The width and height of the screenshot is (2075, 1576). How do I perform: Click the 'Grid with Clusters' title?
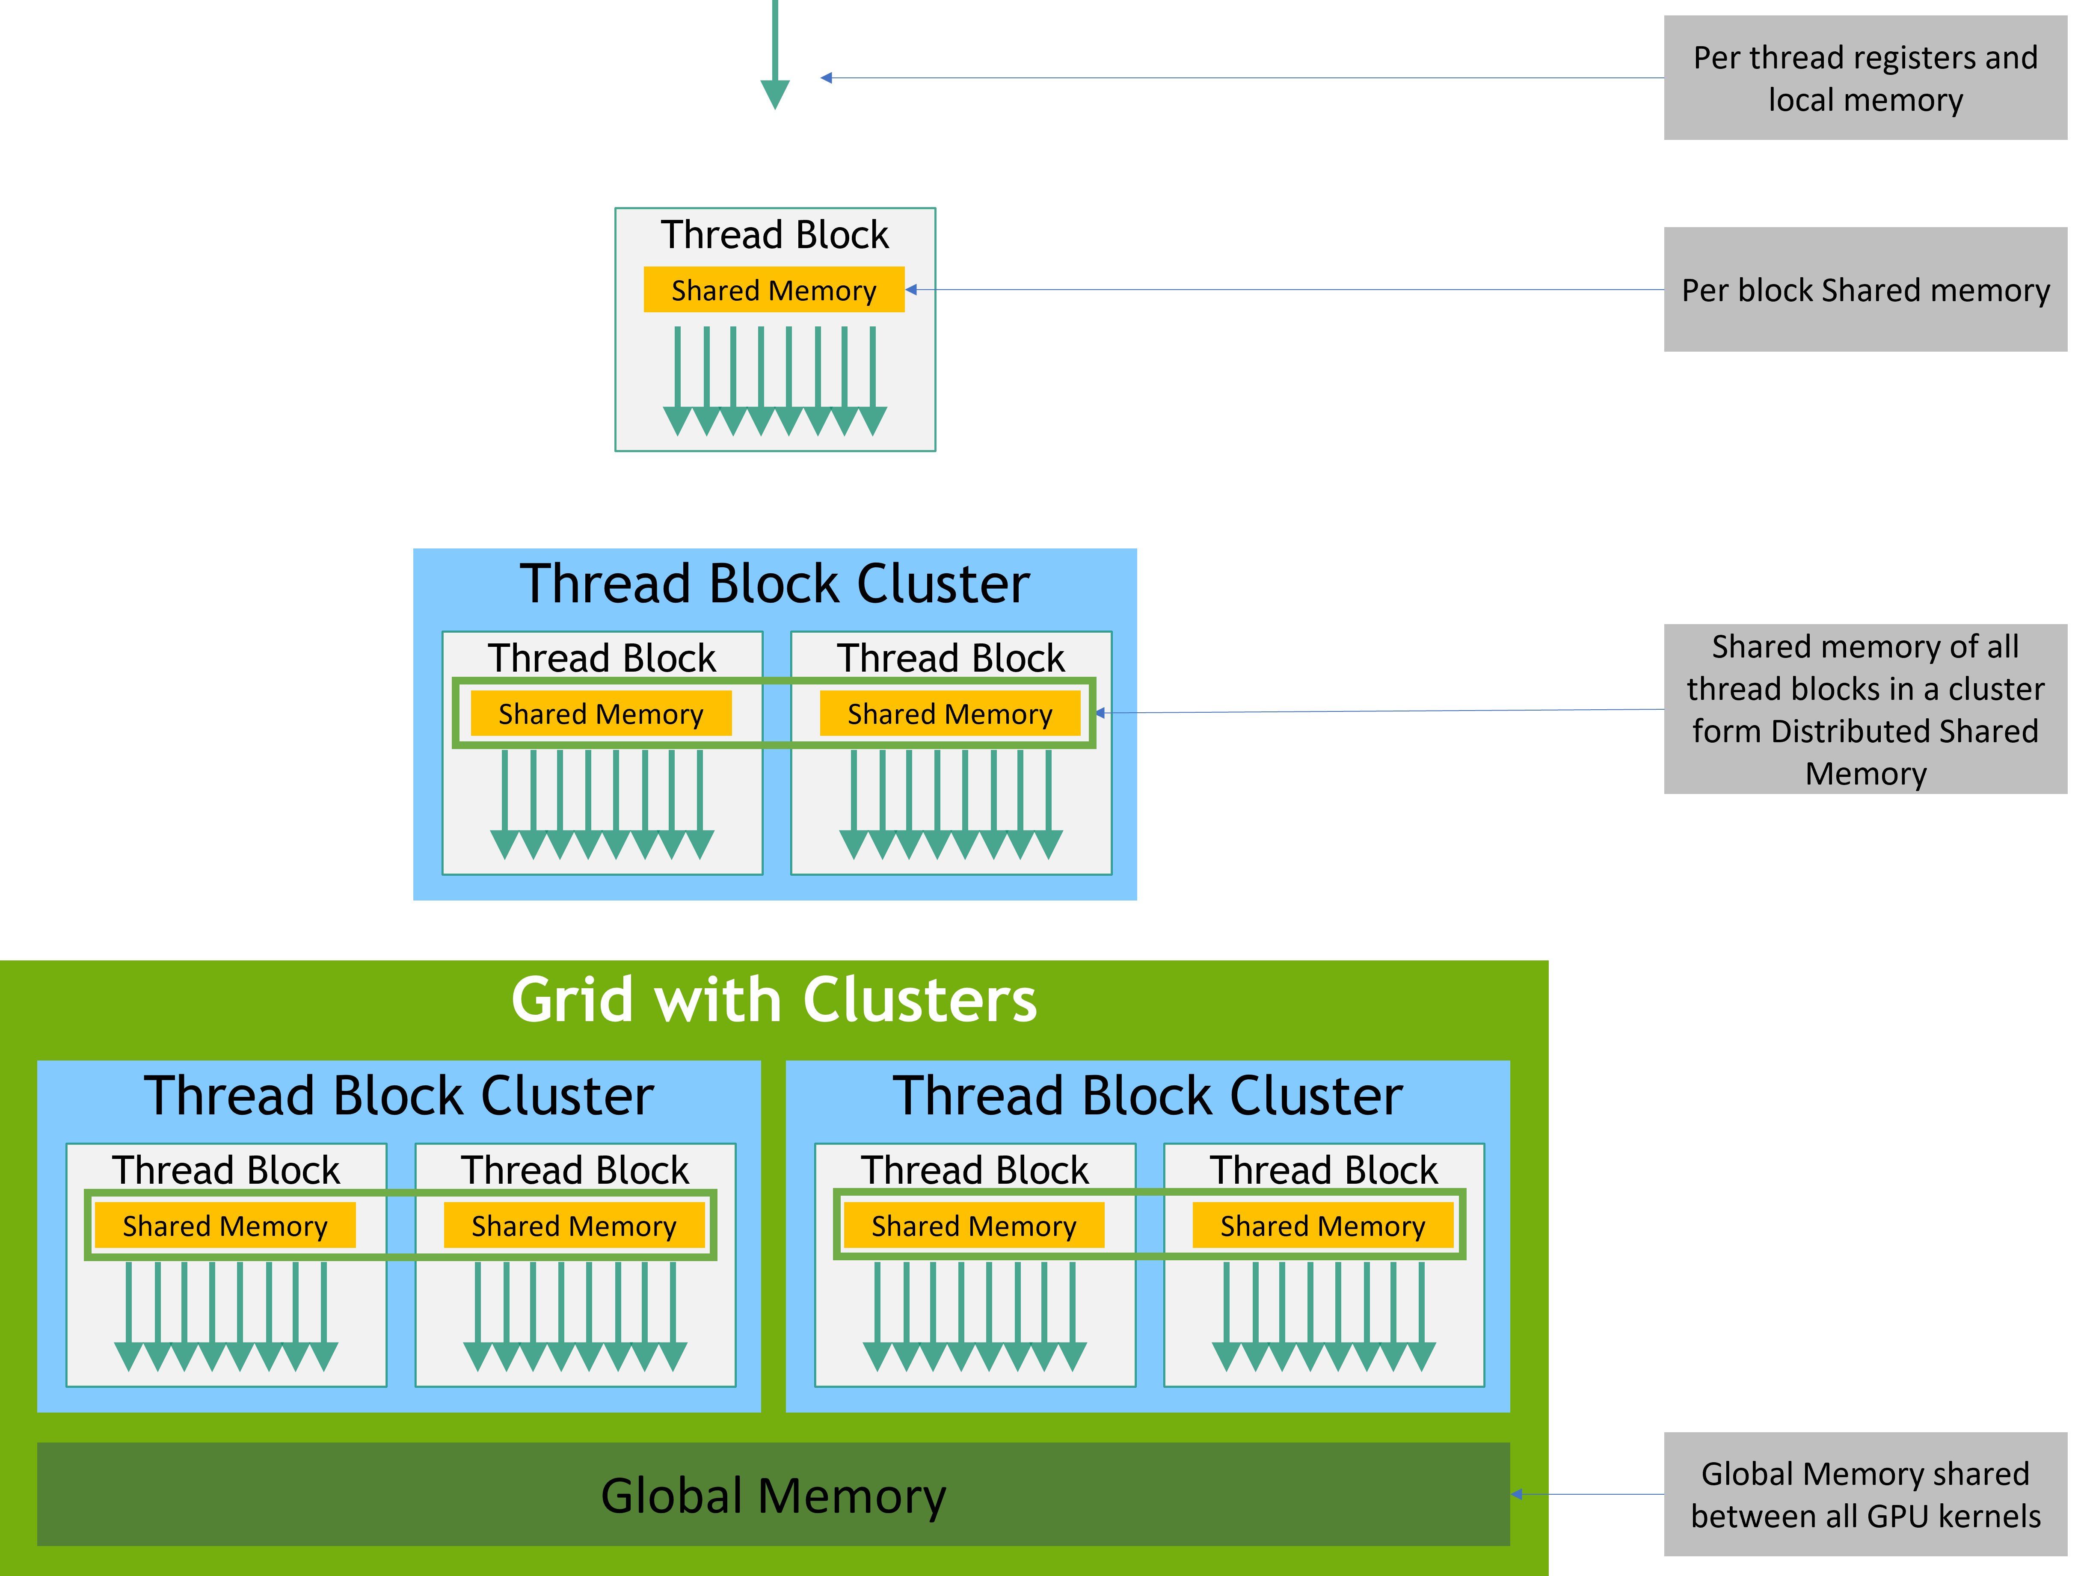pos(774,1000)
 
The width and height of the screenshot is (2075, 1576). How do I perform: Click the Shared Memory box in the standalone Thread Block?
pos(774,290)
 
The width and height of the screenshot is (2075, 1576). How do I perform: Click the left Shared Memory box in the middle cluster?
pos(600,714)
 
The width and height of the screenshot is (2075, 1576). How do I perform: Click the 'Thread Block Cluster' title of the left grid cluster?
pos(399,1096)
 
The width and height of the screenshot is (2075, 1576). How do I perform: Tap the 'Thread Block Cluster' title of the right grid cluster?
pos(1147,1096)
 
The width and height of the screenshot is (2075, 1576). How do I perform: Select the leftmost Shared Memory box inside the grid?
pos(225,1226)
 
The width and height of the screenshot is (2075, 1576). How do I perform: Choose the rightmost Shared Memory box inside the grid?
pos(1323,1226)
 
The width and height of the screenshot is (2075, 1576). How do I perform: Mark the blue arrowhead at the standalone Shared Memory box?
pos(911,290)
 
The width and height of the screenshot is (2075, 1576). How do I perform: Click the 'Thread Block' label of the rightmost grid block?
pos(1323,1170)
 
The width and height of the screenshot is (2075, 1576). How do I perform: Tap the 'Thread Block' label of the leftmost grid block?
pos(225,1170)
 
